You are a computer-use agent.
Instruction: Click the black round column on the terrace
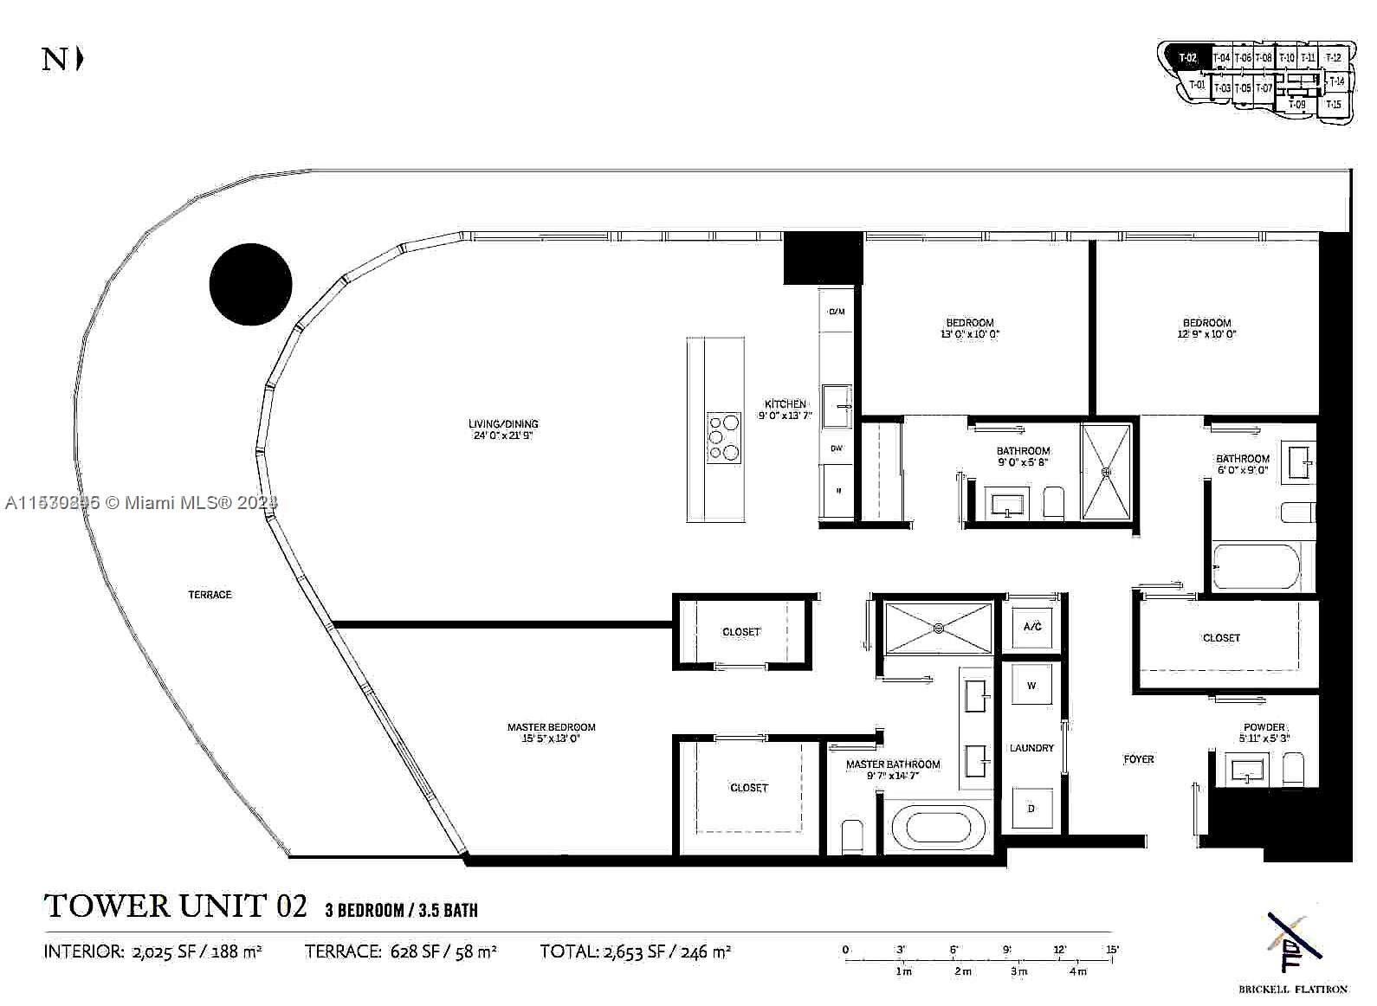[x=251, y=285]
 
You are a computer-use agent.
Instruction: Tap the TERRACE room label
[x=210, y=595]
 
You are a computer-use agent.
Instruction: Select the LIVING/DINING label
[x=503, y=424]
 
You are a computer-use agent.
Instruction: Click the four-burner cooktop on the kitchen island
[x=724, y=436]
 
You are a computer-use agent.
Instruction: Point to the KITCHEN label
[x=785, y=404]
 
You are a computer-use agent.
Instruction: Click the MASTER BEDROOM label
[x=552, y=727]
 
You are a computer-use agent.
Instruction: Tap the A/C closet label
[x=1032, y=627]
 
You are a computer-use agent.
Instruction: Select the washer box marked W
[x=1031, y=686]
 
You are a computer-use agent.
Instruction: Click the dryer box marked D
[x=1031, y=809]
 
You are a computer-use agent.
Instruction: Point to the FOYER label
[x=1139, y=759]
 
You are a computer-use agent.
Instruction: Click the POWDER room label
[x=1264, y=727]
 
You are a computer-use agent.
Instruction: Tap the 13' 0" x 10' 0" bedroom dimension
[x=970, y=334]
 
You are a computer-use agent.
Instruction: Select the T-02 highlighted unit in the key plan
[x=1187, y=58]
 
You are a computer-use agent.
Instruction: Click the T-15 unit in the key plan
[x=1335, y=106]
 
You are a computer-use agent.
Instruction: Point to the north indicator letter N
[x=55, y=60]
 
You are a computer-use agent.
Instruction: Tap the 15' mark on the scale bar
[x=1112, y=950]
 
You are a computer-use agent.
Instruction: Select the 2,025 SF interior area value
[x=170, y=951]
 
